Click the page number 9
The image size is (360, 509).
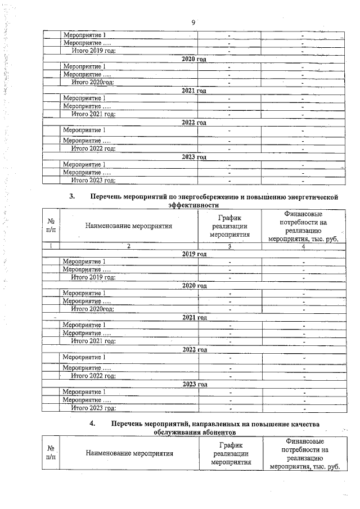193,22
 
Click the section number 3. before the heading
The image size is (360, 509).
72,197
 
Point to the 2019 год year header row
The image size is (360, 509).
195,254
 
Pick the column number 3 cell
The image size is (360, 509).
229,246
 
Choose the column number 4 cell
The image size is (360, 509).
303,246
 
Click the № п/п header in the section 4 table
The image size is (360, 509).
51,453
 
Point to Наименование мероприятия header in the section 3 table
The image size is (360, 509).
129,226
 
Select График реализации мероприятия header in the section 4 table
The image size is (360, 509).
229,453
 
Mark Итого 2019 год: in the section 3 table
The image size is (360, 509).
93,277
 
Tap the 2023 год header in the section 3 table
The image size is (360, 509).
195,384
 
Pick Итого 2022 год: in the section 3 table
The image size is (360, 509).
93,375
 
